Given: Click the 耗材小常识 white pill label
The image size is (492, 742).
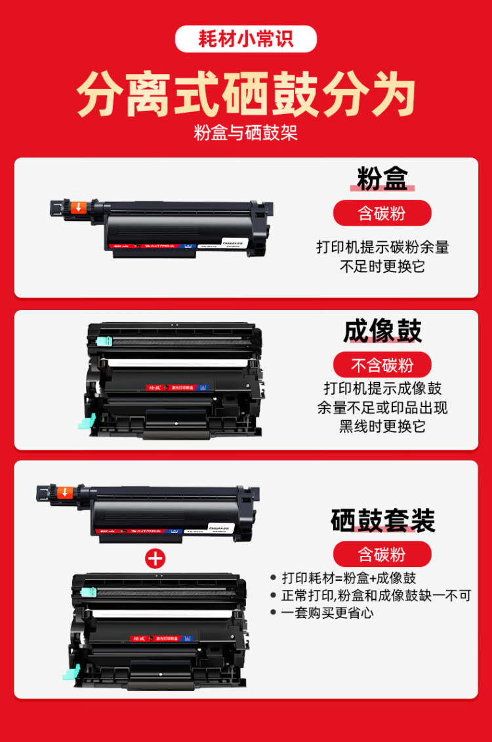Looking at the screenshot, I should tap(245, 39).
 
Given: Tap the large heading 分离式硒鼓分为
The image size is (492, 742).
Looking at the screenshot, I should tap(245, 96).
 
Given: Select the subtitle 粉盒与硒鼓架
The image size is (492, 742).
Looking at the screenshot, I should tap(245, 132).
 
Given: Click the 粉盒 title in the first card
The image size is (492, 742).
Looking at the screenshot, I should tap(382, 178).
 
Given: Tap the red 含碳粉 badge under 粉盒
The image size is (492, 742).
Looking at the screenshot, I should tap(382, 213).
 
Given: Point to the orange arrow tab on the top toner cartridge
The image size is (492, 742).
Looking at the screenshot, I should tap(78, 207).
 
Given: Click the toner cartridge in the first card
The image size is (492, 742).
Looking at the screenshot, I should tap(171, 226).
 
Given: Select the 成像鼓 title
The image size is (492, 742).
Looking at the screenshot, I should tap(382, 331).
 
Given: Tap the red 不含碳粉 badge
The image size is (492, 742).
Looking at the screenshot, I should tap(382, 365).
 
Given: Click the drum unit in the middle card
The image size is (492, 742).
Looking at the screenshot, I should tap(174, 380).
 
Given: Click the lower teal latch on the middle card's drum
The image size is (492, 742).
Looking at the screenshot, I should tap(87, 423).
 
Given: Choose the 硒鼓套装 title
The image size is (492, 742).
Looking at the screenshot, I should tap(382, 520).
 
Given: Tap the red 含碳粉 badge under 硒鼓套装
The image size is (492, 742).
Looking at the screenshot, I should tap(382, 555).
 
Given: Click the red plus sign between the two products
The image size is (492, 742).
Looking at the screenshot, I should tap(155, 558).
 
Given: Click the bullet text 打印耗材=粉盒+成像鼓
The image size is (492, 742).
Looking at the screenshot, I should tap(348, 578).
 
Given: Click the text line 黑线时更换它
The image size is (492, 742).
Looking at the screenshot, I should tap(382, 426).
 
